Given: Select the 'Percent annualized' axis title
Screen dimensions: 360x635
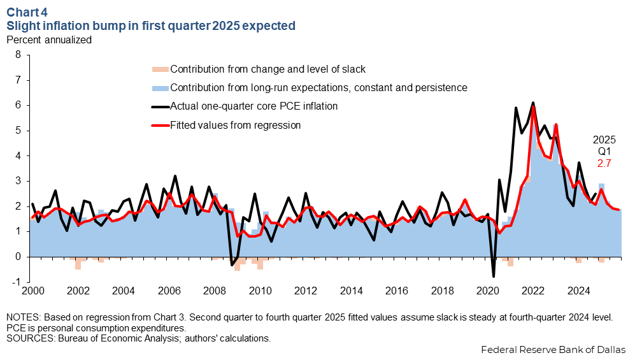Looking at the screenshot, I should (48, 40).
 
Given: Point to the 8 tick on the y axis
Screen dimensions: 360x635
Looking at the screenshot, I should (18, 55).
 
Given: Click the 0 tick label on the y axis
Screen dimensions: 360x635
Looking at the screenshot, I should (18, 257).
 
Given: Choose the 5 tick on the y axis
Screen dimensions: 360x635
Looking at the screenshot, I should (18, 131).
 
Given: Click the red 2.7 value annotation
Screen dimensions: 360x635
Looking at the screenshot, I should (604, 164).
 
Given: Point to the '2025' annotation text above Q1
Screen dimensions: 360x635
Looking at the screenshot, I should (604, 140).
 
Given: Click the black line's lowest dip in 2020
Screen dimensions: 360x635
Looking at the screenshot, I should (493, 276).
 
